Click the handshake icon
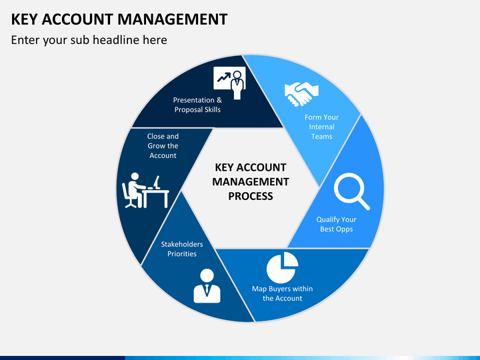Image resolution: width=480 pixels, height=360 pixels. click(301, 94)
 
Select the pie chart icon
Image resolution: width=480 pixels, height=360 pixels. click(282, 267)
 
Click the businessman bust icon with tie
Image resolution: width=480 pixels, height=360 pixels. click(207, 286)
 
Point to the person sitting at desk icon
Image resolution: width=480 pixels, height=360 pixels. click(145, 191)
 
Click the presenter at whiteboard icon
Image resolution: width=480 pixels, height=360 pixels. click(229, 83)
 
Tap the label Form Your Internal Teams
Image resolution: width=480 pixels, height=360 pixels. click(321, 127)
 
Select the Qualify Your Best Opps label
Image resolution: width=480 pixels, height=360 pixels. click(337, 225)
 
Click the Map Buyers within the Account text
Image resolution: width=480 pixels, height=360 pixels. click(282, 293)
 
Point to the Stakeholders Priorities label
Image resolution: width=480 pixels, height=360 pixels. click(182, 249)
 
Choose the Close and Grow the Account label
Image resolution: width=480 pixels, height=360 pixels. click(163, 146)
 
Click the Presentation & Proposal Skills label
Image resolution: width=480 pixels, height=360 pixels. click(197, 105)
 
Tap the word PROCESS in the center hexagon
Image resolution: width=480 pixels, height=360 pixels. click(251, 196)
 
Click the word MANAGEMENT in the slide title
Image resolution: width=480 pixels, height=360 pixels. click(173, 19)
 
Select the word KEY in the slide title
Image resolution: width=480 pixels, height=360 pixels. click(24, 19)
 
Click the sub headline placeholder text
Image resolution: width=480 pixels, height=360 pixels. click(89, 40)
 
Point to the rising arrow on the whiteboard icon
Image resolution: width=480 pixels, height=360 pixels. click(224, 77)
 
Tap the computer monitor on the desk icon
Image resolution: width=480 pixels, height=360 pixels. click(157, 183)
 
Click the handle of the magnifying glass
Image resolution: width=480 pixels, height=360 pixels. click(363, 203)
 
